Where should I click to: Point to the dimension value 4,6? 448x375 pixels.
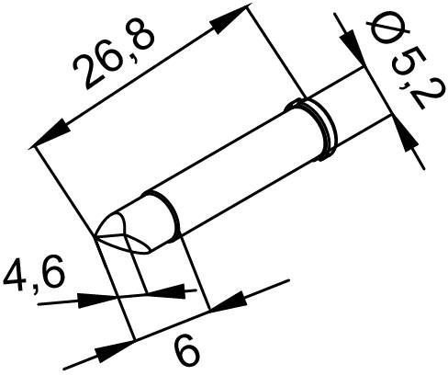pyautogui.click(x=28, y=275)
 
